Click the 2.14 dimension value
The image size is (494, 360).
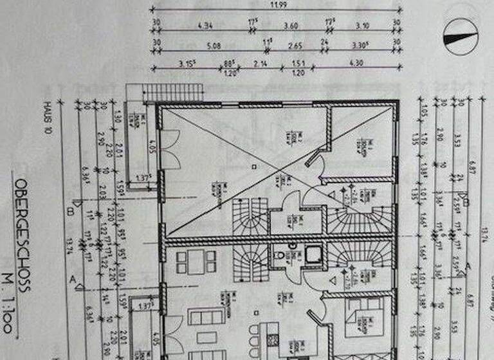coord(260,64)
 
